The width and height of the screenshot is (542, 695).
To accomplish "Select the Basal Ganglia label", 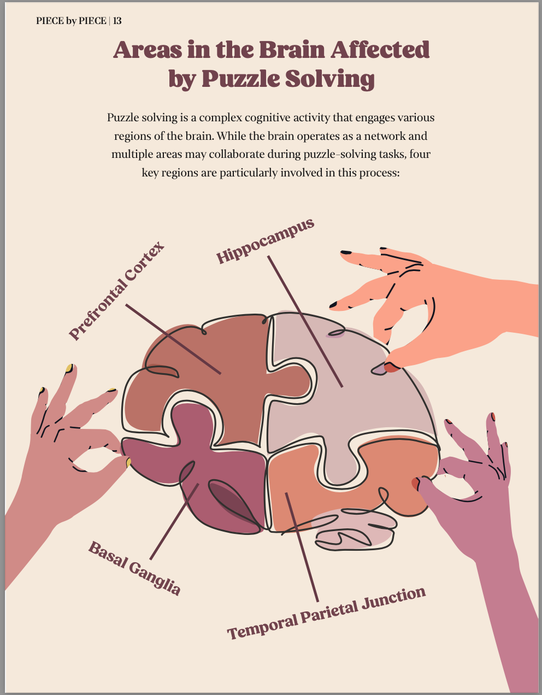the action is point(134,568).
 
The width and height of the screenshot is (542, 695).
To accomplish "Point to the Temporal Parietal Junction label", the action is point(326,613).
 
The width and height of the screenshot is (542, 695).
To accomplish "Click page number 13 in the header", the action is point(117,21).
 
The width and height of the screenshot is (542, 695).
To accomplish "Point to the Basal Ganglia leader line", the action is point(174,522).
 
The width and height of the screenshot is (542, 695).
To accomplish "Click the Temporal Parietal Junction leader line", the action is point(302,546).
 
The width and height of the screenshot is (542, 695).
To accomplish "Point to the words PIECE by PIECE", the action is point(71,21).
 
